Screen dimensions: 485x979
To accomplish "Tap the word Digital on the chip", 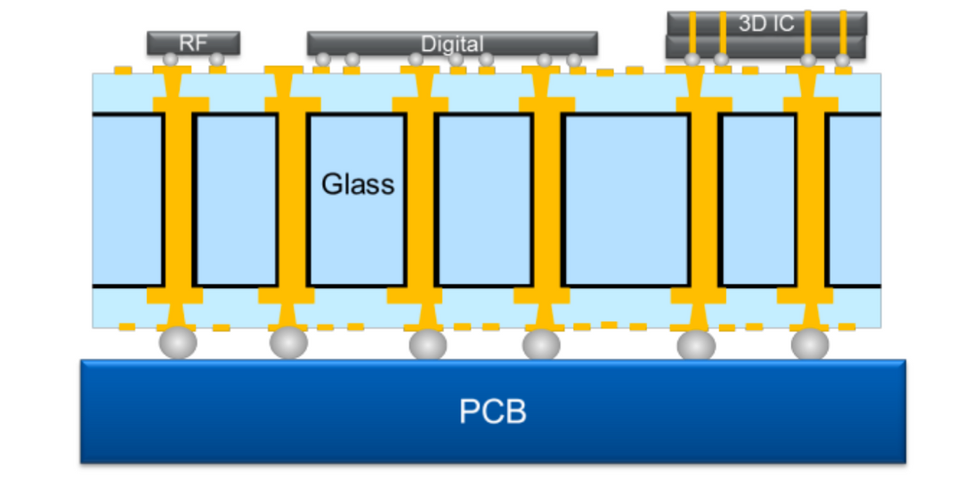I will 452,44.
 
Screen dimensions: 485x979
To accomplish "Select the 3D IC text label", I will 765,24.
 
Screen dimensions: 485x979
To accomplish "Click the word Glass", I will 357,184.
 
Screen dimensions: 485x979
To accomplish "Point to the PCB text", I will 492,412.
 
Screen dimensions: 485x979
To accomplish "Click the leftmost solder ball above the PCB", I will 177,342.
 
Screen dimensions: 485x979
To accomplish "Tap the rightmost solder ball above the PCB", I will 810,344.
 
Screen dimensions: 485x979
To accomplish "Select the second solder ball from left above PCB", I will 288,343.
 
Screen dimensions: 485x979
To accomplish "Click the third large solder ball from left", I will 427,344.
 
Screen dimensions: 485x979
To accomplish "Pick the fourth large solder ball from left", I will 541,344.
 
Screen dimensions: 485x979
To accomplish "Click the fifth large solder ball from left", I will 696,344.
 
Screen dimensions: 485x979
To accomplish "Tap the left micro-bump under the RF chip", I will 170,59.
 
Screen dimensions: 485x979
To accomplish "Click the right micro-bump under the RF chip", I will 216,59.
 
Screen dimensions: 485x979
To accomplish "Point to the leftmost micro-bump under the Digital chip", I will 323,60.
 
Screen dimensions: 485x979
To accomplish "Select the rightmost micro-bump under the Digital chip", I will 574,60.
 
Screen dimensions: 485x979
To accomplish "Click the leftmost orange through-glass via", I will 178,200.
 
